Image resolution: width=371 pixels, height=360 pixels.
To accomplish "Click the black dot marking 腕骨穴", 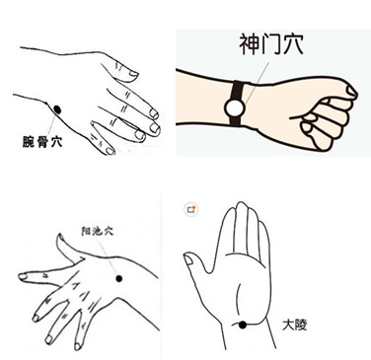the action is point(57,109).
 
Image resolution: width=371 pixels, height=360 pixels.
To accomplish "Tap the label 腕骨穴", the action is point(42,142).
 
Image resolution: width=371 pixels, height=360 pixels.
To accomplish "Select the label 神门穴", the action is point(271,43).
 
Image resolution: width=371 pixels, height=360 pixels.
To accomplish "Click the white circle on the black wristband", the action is point(235,107).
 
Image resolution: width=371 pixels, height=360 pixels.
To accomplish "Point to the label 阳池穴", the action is point(98,231).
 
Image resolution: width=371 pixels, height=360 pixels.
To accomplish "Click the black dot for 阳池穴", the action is point(119,279).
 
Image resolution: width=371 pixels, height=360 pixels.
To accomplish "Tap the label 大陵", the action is point(295,325).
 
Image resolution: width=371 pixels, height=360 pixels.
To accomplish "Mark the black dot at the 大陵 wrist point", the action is point(243,325).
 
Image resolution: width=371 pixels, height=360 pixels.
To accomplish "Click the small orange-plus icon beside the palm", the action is point(191,209).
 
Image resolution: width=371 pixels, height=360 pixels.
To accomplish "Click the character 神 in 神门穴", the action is point(250,43).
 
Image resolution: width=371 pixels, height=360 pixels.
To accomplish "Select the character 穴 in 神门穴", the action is point(292,43).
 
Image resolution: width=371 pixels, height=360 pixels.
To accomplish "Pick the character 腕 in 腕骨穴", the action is point(29,142).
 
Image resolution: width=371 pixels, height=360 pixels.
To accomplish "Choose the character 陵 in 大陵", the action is point(301,325).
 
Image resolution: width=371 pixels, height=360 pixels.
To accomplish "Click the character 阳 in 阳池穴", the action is point(87,231).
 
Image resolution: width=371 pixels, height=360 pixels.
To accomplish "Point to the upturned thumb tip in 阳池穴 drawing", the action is point(59,235).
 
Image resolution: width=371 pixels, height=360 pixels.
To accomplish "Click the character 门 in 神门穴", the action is point(271,43).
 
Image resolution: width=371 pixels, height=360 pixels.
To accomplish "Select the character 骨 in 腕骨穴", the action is point(42,142).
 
